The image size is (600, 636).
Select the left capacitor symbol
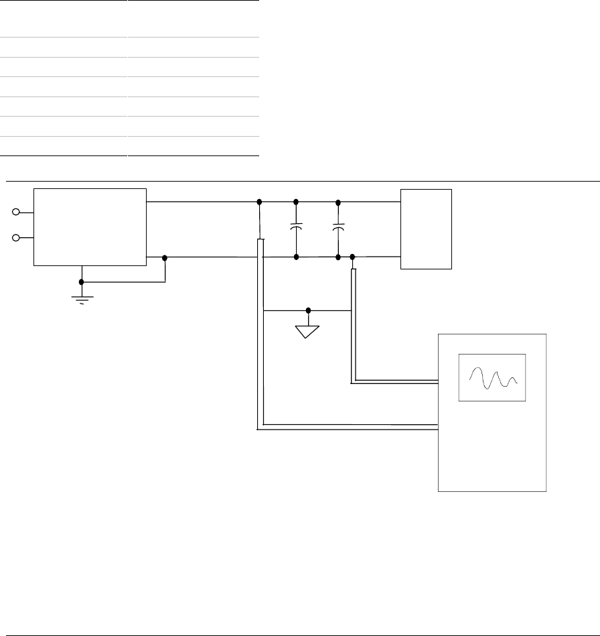(296, 228)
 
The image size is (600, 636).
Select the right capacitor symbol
(338, 228)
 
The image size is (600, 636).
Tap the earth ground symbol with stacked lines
(82, 298)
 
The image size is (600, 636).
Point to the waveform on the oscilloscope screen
(492, 379)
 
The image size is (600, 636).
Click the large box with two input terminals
(90, 227)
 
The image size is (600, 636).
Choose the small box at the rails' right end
(426, 229)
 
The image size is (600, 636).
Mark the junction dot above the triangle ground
(308, 310)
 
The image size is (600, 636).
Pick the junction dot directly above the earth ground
(82, 281)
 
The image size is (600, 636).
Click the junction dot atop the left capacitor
(296, 201)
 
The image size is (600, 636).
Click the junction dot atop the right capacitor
(338, 201)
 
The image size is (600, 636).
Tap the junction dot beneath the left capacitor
(296, 257)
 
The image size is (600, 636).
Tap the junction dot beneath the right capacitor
(338, 257)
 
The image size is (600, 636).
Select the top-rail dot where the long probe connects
(259, 201)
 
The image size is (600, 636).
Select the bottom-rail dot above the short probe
(353, 257)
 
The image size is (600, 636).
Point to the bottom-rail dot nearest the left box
(165, 257)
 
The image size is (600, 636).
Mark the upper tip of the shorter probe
(353, 271)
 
